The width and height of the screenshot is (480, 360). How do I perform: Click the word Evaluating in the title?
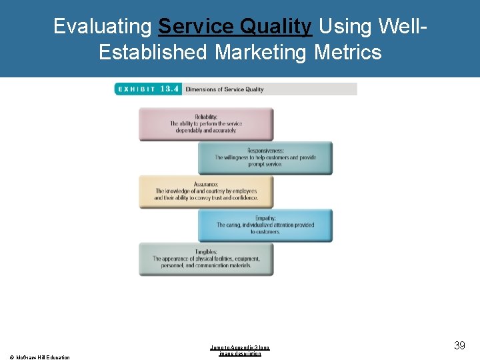(x=103, y=26)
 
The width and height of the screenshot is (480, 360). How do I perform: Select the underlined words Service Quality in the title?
(x=235, y=26)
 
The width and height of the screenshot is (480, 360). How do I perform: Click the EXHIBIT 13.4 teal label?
(x=147, y=89)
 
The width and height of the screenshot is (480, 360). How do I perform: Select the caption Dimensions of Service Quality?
(x=225, y=89)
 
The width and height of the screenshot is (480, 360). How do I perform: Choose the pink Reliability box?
(x=206, y=124)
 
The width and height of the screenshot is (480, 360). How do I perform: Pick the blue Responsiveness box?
(x=265, y=158)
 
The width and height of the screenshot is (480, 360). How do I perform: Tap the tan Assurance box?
(x=206, y=192)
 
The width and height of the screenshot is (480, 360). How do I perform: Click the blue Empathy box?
(x=265, y=225)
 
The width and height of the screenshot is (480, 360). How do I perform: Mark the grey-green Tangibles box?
(x=206, y=259)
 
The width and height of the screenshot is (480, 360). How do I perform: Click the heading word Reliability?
(x=206, y=117)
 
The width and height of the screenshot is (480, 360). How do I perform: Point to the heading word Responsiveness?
(x=265, y=151)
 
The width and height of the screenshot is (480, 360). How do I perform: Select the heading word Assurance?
(x=206, y=184)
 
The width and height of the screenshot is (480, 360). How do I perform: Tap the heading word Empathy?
(x=265, y=218)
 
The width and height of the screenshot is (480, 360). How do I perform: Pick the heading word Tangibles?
(x=206, y=252)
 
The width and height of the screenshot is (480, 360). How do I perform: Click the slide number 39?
(x=459, y=345)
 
